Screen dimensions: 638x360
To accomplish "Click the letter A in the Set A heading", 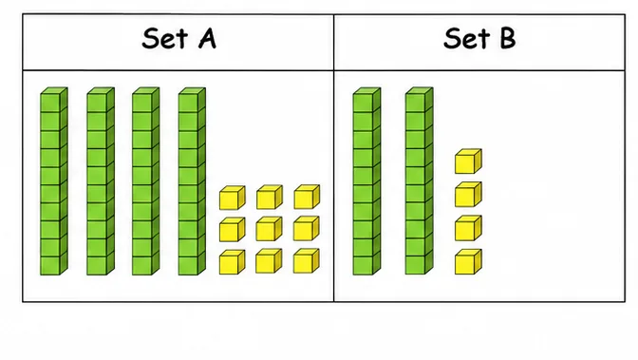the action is tap(208, 39).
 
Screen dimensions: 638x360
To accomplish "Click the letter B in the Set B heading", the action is tap(508, 39).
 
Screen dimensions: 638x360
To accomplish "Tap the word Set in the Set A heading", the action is tap(165, 39).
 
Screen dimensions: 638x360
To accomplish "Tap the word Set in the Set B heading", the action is tap(467, 39).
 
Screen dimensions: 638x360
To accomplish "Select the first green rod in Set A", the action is tap(54, 181).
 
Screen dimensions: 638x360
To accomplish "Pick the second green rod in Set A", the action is tap(101, 181).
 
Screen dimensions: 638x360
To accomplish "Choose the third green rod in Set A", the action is tap(145, 181).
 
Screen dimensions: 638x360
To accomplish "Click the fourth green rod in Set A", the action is tap(192, 181).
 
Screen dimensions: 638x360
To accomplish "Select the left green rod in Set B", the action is tap(366, 181).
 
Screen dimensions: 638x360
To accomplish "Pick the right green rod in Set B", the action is tap(419, 181).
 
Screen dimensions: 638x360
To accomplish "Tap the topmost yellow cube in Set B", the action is tap(468, 161).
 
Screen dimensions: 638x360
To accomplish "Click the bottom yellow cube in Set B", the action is tap(468, 262).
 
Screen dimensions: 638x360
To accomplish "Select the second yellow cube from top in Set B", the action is tap(468, 195).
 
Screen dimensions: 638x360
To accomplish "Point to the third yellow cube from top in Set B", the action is tap(468, 228).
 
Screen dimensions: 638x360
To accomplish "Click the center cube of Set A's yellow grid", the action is tap(269, 229).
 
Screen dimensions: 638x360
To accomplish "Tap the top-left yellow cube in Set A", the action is tap(232, 198).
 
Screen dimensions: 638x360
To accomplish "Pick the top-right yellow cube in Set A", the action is tap(307, 198).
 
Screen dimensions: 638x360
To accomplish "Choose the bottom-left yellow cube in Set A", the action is tap(232, 262).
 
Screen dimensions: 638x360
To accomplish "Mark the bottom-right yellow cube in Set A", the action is tap(306, 261).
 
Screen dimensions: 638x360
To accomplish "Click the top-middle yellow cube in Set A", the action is tap(270, 198).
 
